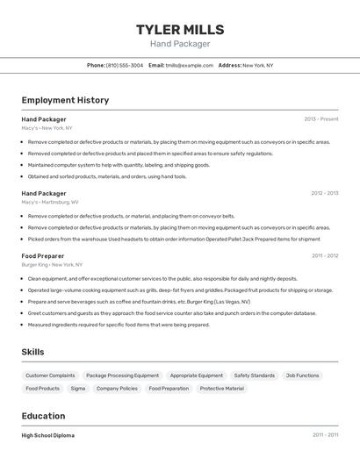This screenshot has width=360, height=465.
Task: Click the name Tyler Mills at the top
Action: [180, 30]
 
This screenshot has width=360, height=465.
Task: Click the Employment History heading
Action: [65, 100]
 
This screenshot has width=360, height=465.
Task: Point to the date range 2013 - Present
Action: [321, 118]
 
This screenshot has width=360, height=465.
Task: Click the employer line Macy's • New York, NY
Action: [47, 128]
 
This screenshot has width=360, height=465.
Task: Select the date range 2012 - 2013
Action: [324, 193]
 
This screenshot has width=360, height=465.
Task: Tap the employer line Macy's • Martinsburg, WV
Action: [50, 202]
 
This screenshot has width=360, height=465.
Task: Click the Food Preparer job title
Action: [42, 255]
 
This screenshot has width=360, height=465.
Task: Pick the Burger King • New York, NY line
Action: [52, 264]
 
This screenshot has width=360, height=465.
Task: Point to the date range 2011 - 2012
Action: [324, 255]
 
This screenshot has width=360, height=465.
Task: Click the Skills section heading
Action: [33, 352]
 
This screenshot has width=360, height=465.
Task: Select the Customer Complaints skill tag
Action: [50, 376]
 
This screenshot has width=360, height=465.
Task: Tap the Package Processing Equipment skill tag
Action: [122, 376]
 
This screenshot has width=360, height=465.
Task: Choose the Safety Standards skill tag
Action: [254, 376]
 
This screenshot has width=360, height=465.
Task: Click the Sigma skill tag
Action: [78, 388]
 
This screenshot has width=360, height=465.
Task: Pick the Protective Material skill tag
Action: [222, 388]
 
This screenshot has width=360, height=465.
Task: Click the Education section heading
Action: [44, 416]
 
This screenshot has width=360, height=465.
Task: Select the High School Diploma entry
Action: [48, 435]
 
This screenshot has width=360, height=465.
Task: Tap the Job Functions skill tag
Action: [302, 376]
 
